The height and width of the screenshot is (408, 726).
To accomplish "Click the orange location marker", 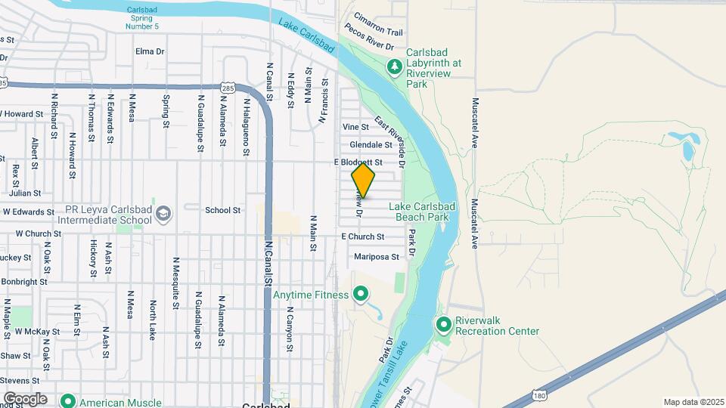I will tap(364, 181).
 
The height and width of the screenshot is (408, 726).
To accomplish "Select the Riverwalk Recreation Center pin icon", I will tap(444, 325).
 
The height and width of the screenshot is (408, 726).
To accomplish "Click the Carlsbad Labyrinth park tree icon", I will tap(394, 67).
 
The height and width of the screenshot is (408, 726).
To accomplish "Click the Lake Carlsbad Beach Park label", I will tap(419, 212).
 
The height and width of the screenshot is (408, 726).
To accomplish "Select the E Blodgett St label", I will tap(358, 162).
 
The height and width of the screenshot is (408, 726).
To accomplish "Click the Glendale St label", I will tap(371, 145).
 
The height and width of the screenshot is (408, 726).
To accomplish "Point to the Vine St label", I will tap(355, 127).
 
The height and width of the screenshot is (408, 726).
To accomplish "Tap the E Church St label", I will tap(363, 236).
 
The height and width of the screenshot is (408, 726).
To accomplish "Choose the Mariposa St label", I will tap(377, 257).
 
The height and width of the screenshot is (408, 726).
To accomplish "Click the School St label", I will tap(222, 210).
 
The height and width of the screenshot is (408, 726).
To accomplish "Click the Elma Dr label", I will tap(150, 51).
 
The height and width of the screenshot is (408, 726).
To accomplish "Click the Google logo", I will tap(25, 399).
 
